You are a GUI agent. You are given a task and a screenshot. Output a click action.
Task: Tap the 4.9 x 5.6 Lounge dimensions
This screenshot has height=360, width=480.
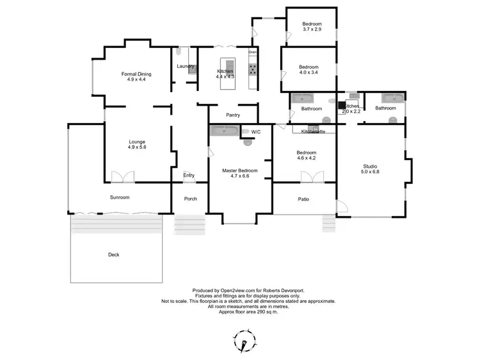(137, 147)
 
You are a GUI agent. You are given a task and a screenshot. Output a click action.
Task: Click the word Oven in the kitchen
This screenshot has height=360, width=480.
(253, 51)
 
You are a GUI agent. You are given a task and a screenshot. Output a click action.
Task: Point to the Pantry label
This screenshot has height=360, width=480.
(233, 115)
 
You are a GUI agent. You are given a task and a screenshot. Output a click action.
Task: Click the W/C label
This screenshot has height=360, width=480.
(256, 131)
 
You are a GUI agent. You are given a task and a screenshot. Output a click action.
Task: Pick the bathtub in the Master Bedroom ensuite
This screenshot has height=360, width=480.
(225, 131)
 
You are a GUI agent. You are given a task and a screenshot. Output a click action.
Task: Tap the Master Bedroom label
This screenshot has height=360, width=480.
(240, 171)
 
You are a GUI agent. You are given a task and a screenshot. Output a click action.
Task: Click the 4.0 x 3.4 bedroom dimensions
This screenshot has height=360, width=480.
(308, 72)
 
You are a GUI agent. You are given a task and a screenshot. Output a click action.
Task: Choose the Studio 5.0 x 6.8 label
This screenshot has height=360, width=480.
(370, 169)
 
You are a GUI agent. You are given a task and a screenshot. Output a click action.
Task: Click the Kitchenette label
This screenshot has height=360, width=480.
(314, 131)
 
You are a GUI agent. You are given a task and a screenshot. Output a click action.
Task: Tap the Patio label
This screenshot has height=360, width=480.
(303, 199)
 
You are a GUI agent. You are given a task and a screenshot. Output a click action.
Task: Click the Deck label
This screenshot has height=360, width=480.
(113, 254)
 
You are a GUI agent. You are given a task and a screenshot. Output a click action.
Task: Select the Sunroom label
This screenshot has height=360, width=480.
(119, 197)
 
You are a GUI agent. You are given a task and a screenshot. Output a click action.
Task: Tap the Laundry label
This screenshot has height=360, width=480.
(186, 66)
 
